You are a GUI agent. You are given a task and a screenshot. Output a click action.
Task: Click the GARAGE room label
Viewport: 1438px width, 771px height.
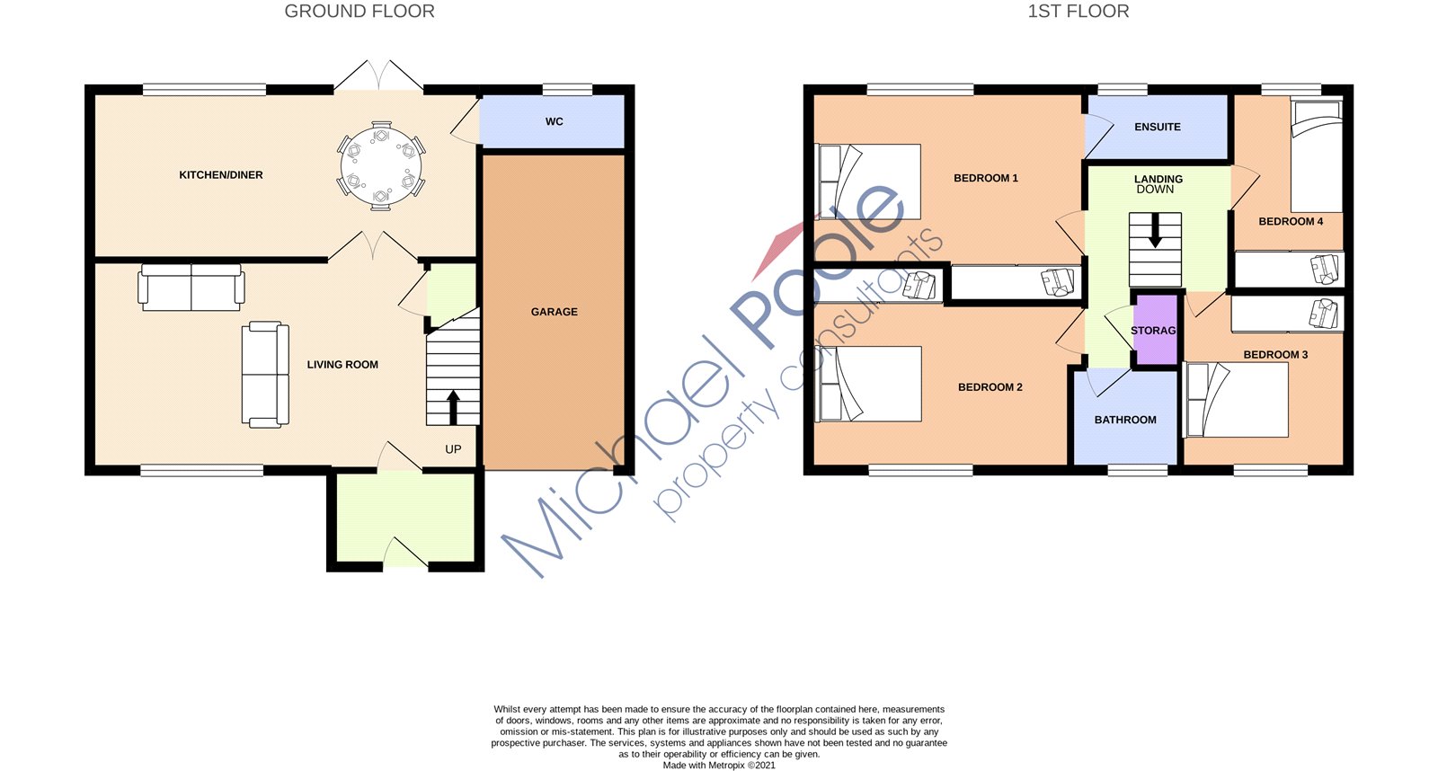(554, 312)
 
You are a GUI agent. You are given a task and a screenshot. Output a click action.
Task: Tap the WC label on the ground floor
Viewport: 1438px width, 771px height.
(554, 121)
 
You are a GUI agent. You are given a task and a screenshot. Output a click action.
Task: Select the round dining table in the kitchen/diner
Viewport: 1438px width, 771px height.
(381, 166)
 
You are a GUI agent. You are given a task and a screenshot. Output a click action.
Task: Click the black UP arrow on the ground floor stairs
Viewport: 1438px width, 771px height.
(453, 406)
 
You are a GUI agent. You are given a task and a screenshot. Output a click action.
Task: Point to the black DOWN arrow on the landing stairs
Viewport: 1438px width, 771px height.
(1155, 229)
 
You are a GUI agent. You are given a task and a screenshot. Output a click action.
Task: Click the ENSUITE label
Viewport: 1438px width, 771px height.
(1157, 127)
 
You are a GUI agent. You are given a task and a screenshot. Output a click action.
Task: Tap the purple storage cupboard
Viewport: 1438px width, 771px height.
(1154, 330)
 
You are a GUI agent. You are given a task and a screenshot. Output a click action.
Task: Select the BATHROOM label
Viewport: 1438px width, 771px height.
(1125, 420)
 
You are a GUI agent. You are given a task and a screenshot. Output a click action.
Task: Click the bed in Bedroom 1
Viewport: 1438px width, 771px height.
(868, 182)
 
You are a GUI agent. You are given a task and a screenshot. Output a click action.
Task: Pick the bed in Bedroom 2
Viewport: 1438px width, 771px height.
(868, 384)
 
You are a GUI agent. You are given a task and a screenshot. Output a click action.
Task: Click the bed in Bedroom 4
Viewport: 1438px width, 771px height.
(1317, 157)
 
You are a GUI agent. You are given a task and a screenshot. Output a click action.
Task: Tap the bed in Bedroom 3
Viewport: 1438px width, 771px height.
(1237, 400)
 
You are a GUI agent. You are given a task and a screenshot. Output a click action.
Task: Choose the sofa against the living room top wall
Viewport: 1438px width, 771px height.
(191, 288)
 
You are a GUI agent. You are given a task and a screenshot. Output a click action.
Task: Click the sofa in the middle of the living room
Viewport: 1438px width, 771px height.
(265, 374)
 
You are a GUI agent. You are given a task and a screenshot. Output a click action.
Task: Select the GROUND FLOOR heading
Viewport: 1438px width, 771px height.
(359, 12)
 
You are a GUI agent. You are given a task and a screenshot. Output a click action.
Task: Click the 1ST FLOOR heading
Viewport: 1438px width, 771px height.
(1078, 12)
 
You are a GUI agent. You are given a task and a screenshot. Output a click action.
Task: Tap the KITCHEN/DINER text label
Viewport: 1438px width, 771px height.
(221, 175)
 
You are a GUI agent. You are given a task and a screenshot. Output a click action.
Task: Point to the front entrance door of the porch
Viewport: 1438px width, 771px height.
(404, 553)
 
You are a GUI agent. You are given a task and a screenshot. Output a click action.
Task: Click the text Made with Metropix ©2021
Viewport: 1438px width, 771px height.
(718, 766)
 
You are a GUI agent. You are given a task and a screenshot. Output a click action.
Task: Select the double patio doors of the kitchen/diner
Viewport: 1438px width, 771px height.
(378, 76)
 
